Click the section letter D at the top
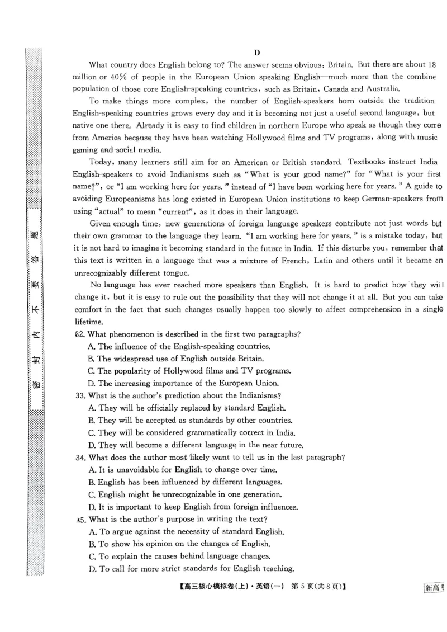257,53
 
